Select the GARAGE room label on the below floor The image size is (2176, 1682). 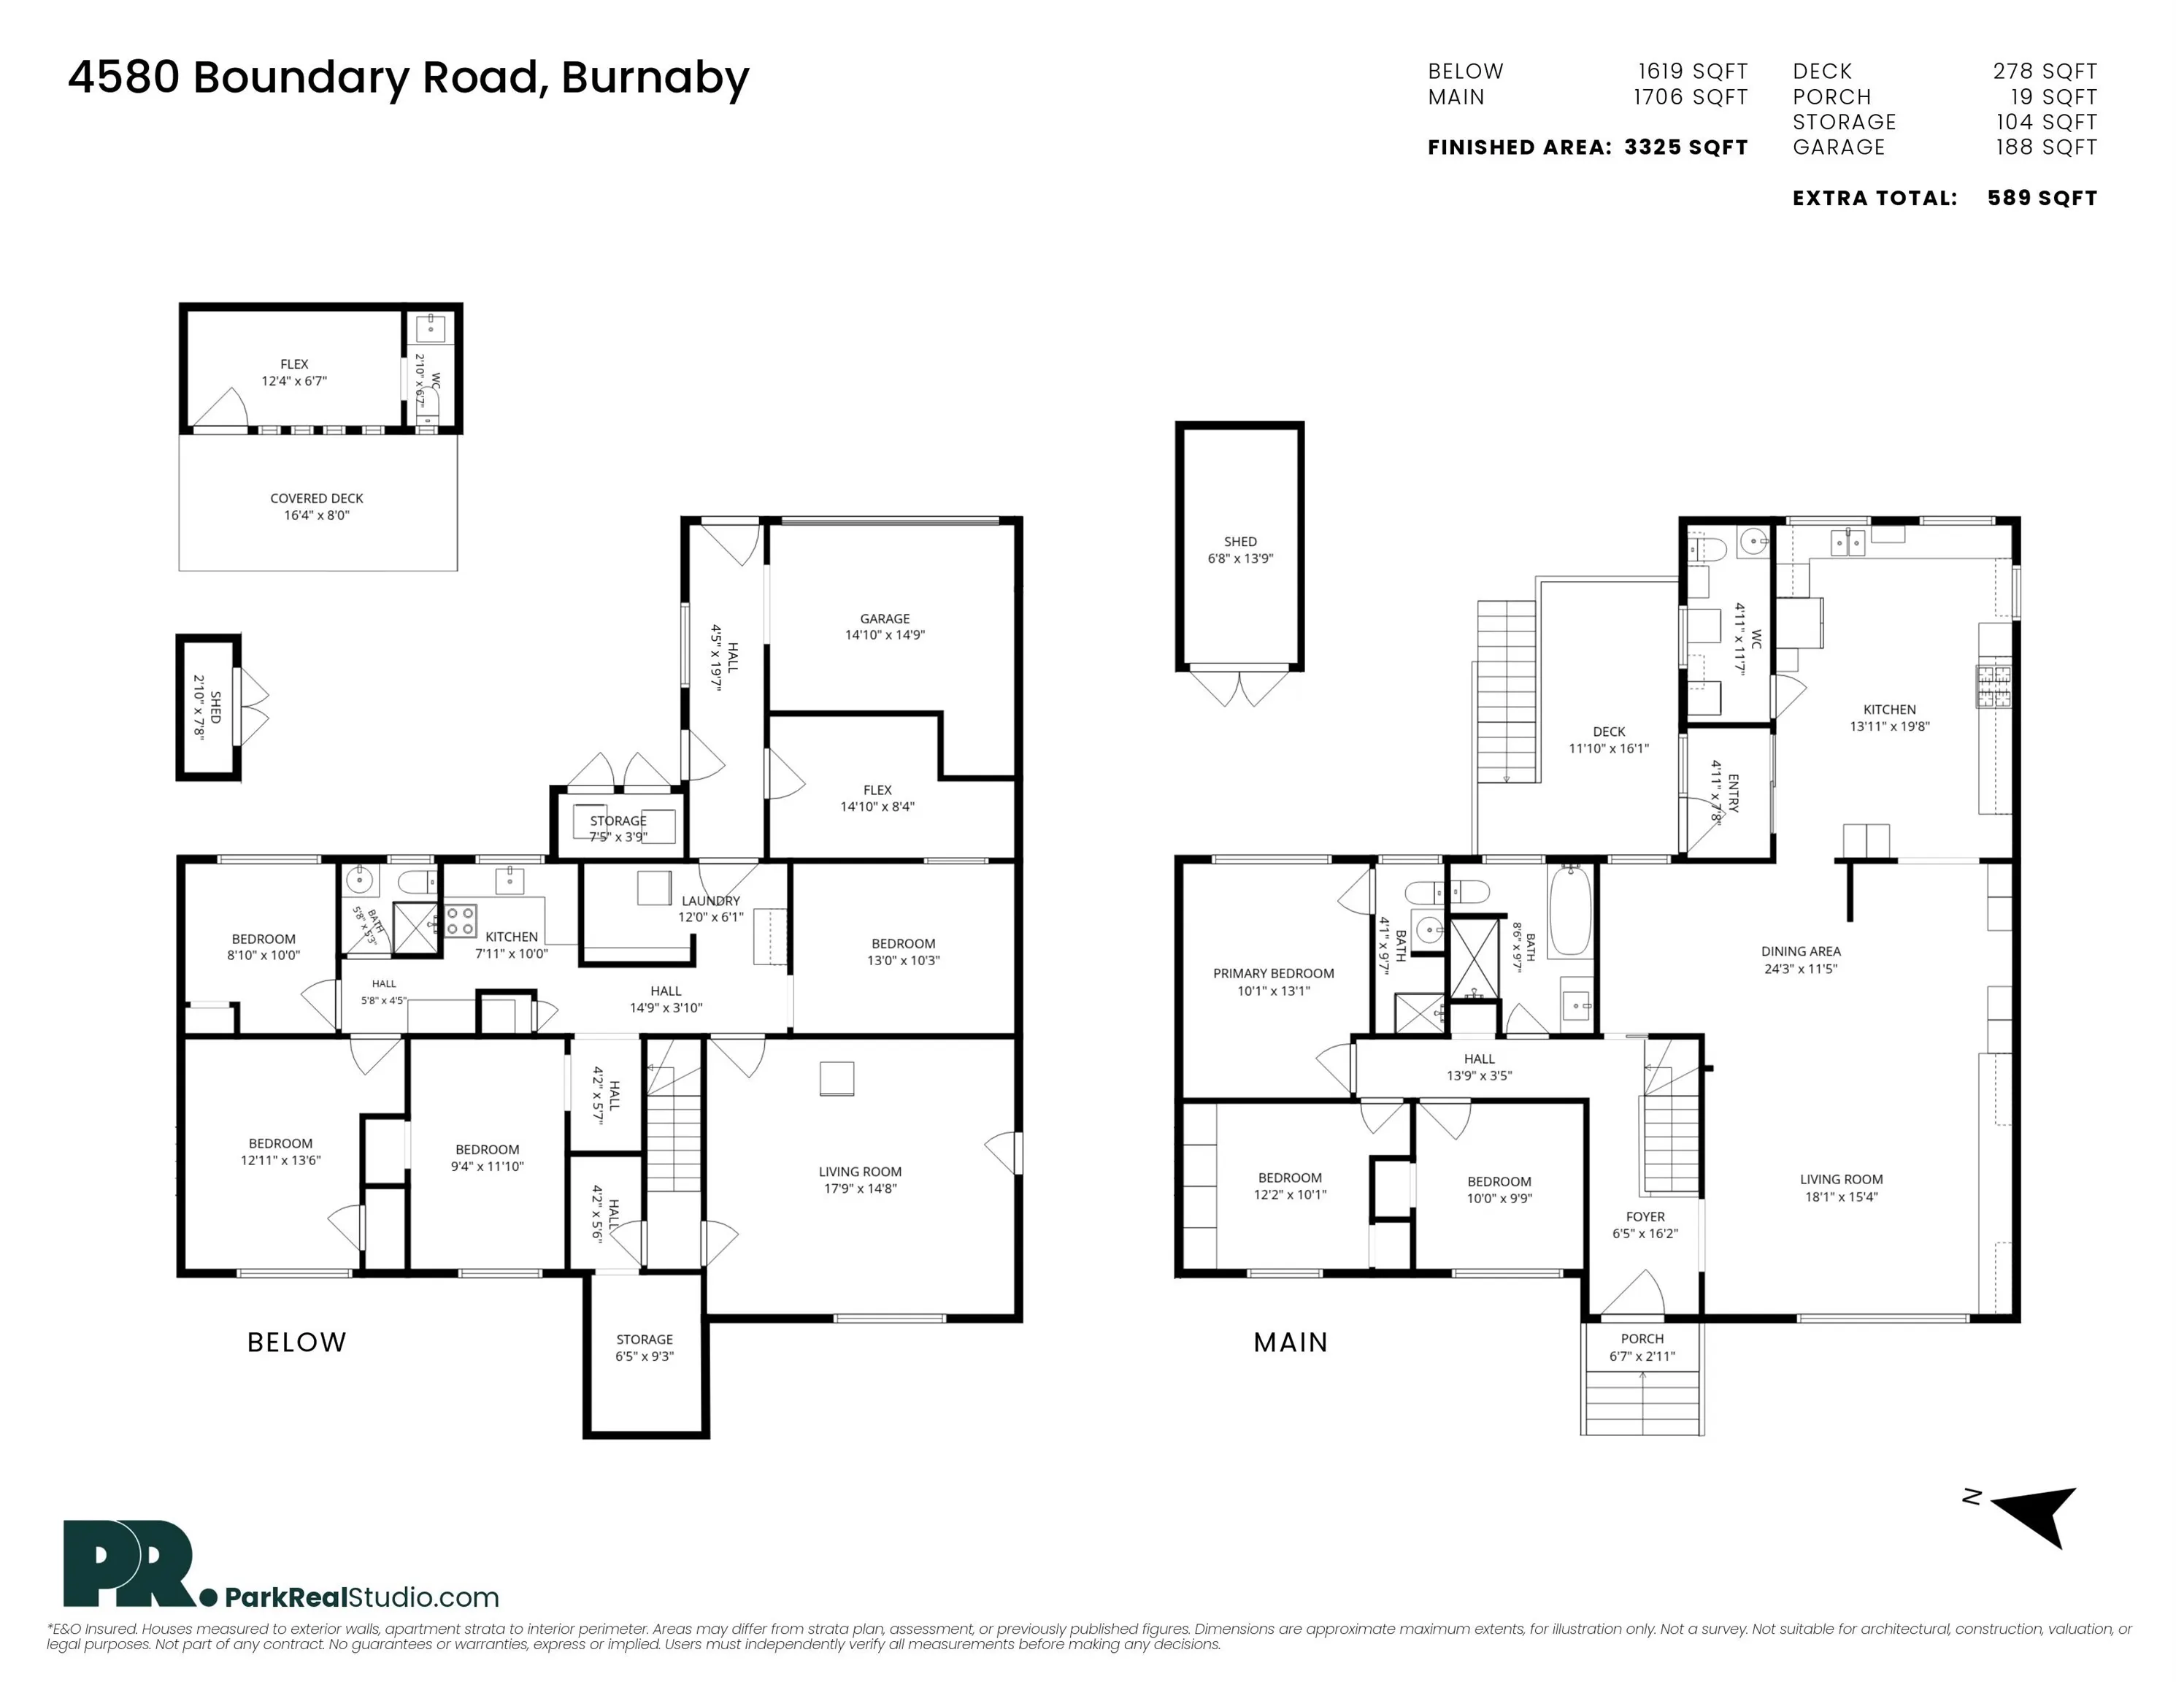coord(885,619)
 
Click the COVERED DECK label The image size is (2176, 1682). coord(317,498)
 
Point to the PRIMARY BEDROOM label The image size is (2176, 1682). coord(1273,974)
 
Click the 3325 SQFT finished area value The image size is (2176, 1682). coord(1685,147)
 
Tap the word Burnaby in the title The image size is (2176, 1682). coord(655,79)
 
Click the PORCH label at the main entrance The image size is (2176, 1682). coord(1642,1339)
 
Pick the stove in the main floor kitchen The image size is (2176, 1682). coord(1994,686)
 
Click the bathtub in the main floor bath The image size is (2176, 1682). coord(1570,911)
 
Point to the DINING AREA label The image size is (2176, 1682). coord(1800,952)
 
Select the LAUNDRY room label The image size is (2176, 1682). coord(710,901)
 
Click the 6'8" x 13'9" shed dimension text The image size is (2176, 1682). coord(1240,559)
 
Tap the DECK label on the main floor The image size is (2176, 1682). coord(1609,731)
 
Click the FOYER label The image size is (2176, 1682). coord(1645,1217)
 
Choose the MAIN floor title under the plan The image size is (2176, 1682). coord(1291,1343)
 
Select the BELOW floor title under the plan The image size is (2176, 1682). coord(297,1343)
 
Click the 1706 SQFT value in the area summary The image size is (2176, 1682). coord(1691,98)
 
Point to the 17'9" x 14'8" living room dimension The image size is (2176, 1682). coord(860,1188)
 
